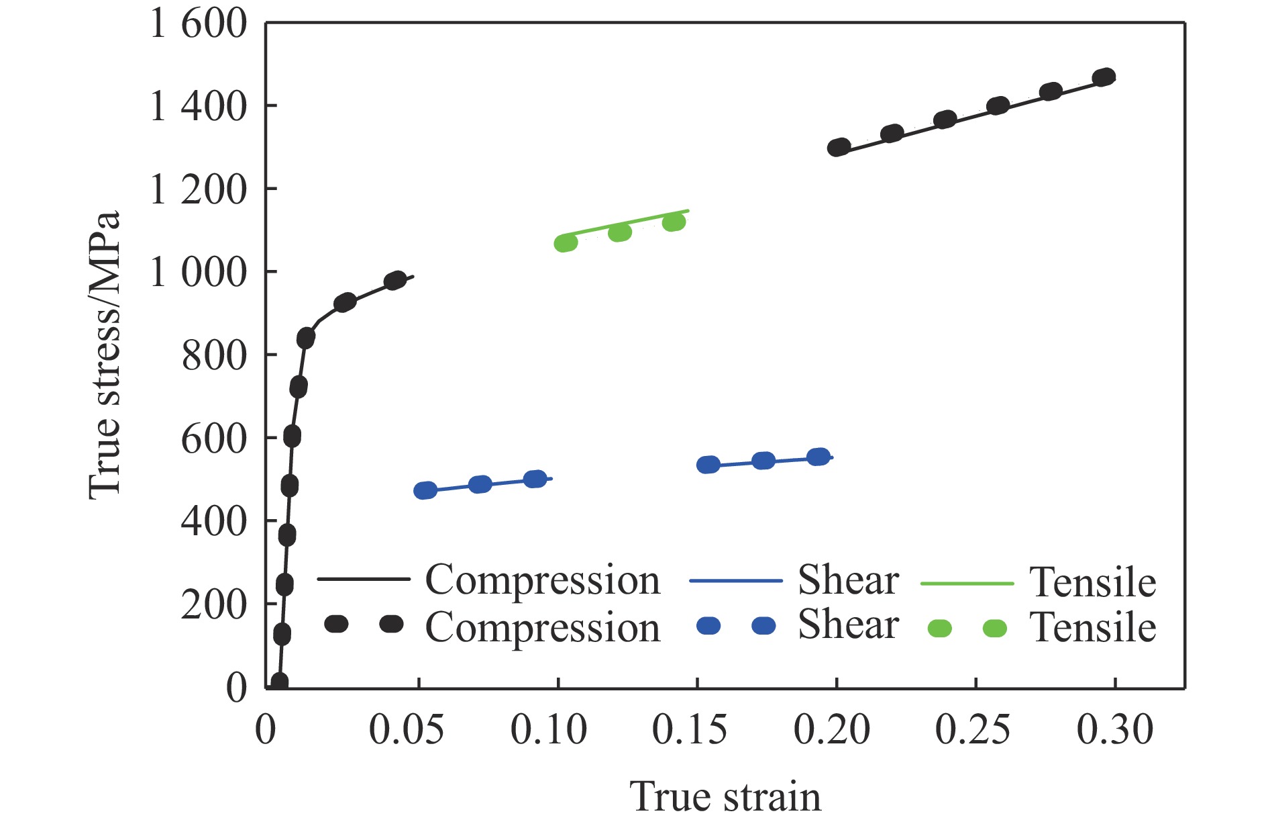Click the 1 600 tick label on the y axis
coord(199,24)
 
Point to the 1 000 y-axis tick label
coord(199,273)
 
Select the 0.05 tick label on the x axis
coord(406,729)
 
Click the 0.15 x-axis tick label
coord(689,729)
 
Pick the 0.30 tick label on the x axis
coord(1114,729)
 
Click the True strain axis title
coord(725,796)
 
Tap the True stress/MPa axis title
coord(105,355)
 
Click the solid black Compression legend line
coord(363,579)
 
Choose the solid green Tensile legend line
coord(967,584)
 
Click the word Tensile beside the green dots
coord(1093,628)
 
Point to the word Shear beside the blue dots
coord(848,625)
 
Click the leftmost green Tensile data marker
coord(566,243)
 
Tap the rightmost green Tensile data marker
coord(674,222)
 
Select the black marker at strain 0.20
coord(839,147)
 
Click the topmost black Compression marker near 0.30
coord(1104,78)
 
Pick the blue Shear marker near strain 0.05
coord(425,490)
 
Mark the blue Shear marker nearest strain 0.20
coord(818,457)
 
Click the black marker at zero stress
coord(280,682)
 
